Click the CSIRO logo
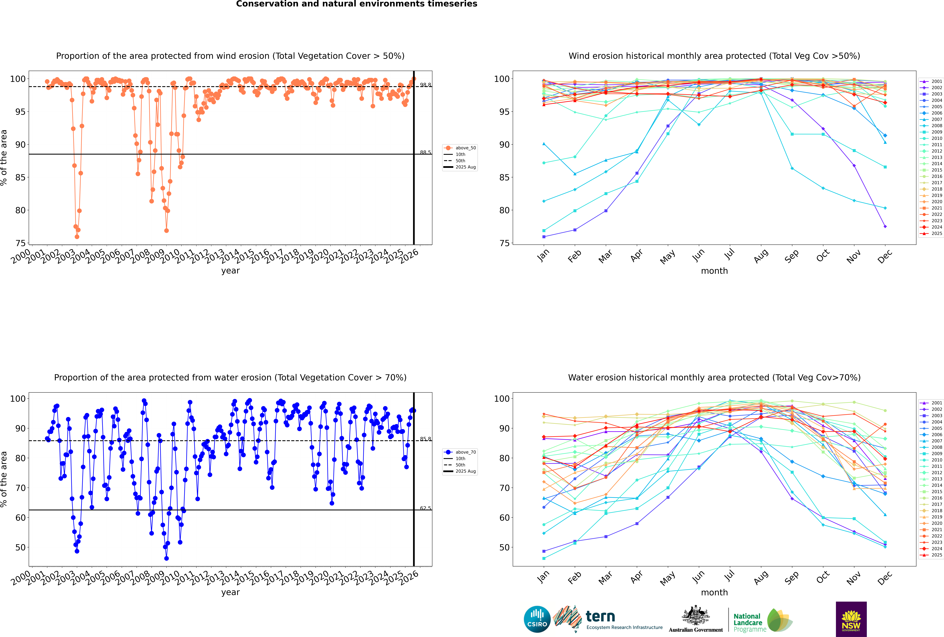[537, 620]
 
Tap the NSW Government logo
[851, 619]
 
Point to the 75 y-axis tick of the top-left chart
[20, 243]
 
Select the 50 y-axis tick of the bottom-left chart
[20, 547]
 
